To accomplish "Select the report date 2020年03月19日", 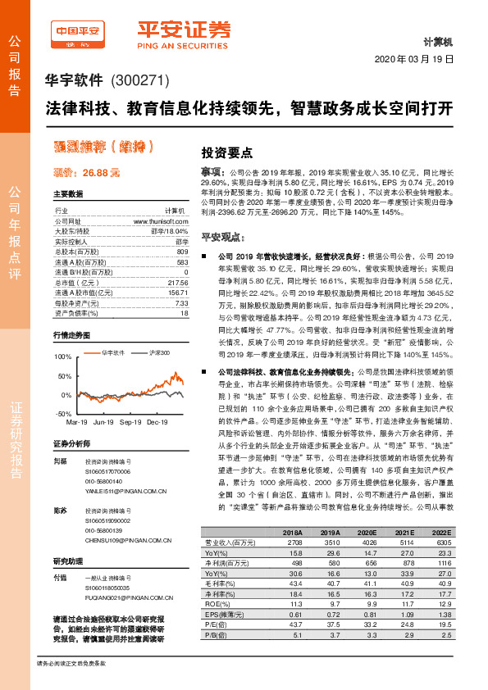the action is click(418, 61).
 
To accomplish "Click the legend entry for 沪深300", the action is click(135, 352).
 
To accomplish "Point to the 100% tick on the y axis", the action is click(62, 357).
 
